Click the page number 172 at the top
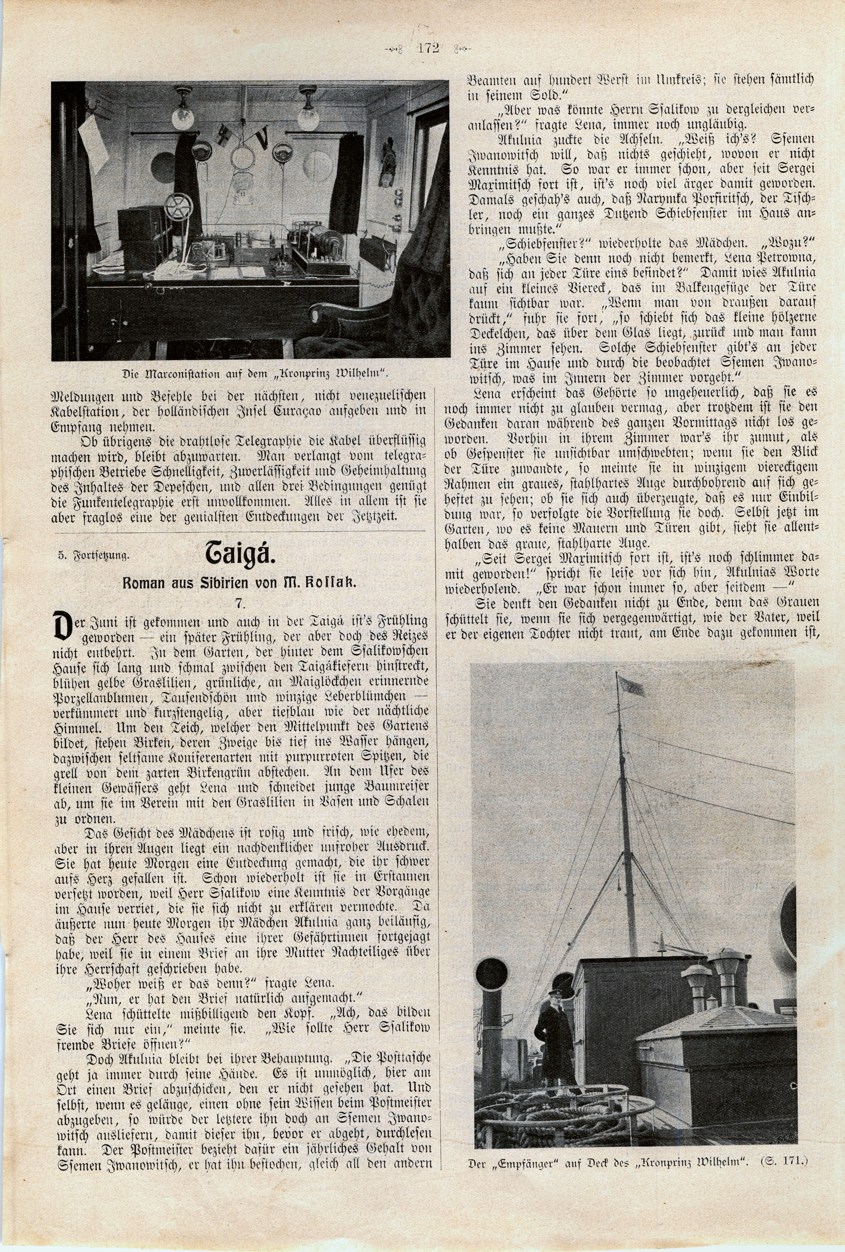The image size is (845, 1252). point(428,48)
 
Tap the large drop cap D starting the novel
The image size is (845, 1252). point(64,626)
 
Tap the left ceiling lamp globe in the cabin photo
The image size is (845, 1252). point(182,114)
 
